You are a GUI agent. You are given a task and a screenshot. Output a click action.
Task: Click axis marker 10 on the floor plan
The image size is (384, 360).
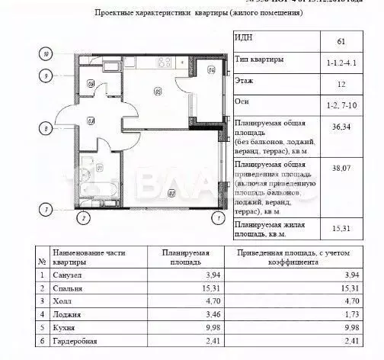(x=47, y=54)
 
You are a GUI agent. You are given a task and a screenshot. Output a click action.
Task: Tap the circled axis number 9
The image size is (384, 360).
(x=47, y=76)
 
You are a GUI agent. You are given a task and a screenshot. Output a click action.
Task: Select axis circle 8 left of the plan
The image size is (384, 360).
(x=47, y=129)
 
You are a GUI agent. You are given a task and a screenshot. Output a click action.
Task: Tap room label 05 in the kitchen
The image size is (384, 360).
(x=157, y=94)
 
